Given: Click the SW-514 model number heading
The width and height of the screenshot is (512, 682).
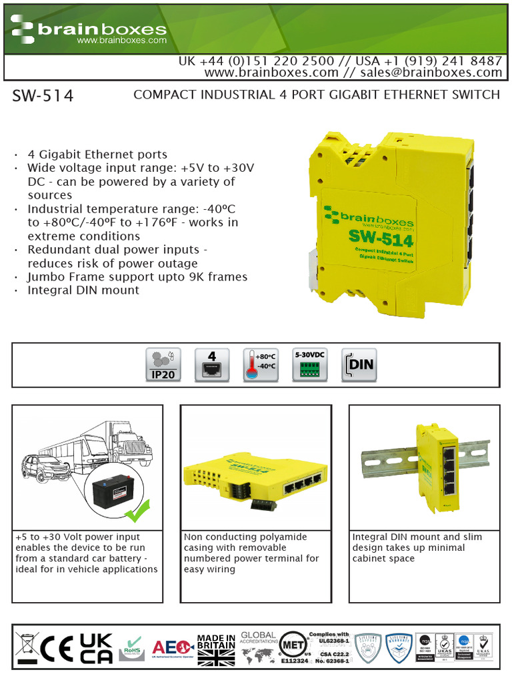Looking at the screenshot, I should click(43, 97).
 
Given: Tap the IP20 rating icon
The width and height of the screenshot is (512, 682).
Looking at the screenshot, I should click(163, 364).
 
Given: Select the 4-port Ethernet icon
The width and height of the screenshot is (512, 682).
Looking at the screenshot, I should click(212, 364).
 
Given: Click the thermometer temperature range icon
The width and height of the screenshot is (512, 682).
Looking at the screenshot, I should click(261, 364).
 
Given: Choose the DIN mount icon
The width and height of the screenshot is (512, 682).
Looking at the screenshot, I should click(359, 364).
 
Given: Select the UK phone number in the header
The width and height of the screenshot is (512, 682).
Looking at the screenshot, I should click(257, 61).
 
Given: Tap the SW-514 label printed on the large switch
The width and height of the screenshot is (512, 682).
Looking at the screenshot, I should click(380, 238).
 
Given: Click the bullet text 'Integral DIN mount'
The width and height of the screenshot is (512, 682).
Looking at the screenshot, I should click(83, 290).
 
